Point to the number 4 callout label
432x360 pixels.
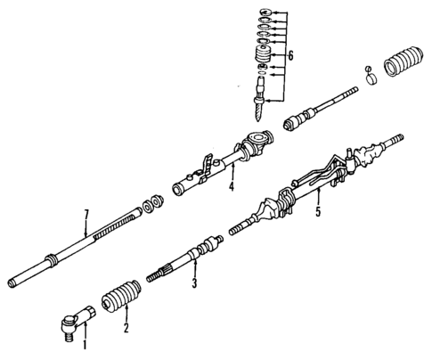pos(232,187)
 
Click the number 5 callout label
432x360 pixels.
pos(319,213)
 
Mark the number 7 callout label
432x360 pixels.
pos(87,213)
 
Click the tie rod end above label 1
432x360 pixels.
pos(78,319)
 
